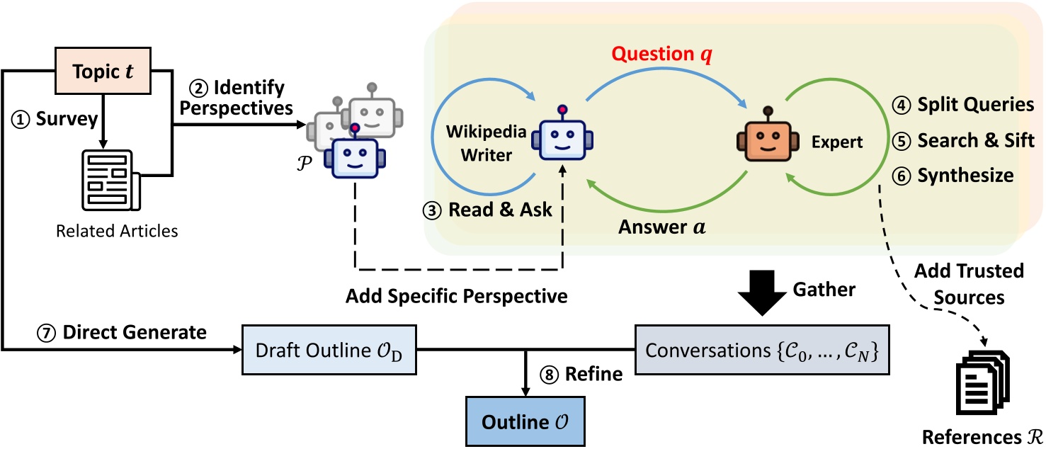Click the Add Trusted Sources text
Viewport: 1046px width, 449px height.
pyautogui.click(x=969, y=284)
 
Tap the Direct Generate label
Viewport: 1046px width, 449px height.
pyautogui.click(x=123, y=331)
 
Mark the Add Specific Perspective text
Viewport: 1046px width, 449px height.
pyautogui.click(x=457, y=296)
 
